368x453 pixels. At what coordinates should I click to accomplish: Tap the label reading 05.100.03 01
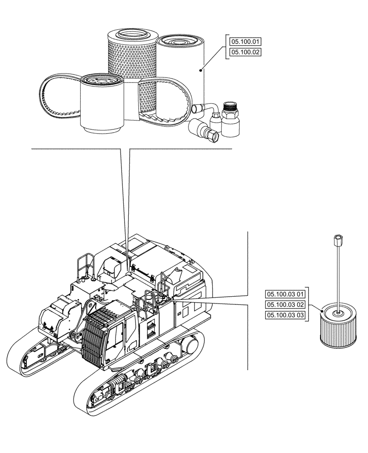point(286,294)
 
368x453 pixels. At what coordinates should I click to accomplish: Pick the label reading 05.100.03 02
point(286,304)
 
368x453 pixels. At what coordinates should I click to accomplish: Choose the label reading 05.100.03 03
point(286,315)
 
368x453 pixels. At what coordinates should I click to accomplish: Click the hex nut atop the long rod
point(338,237)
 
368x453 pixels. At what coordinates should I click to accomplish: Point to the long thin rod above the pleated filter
point(338,276)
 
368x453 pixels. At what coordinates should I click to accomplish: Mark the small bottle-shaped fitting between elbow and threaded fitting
point(216,122)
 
